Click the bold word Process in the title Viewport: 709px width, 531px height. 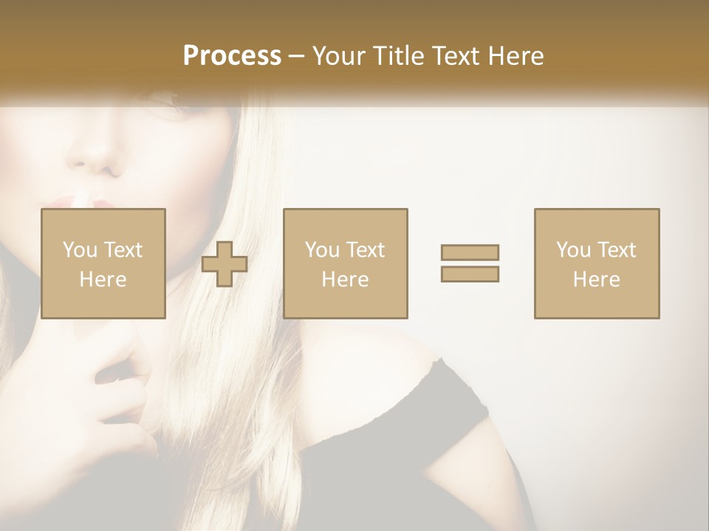232,55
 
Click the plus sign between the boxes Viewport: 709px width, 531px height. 225,264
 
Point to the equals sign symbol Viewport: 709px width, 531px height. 470,263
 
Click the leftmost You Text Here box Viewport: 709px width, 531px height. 103,263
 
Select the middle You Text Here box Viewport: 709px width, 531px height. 345,263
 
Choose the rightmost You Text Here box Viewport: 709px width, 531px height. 596,263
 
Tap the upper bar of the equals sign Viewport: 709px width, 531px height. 470,253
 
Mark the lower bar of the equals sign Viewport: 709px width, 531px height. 470,274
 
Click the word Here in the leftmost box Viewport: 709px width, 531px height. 103,280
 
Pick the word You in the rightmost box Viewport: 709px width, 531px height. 573,250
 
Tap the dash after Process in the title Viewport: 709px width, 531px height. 297,55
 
